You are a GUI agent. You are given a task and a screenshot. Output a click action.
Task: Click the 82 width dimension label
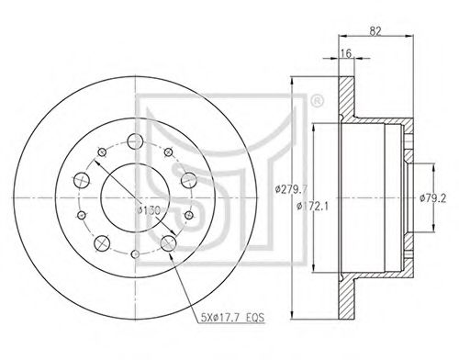(375, 31)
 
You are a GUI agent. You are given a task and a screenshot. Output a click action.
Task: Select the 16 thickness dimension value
(346, 53)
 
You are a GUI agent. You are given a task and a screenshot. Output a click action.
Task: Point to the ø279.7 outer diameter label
(290, 190)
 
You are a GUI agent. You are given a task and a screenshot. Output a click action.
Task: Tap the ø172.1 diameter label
(312, 207)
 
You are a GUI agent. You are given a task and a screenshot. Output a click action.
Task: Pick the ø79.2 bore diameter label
(433, 198)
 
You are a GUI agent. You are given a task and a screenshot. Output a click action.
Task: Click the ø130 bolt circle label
(149, 210)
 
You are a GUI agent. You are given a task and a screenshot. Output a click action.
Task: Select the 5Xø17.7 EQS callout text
(232, 318)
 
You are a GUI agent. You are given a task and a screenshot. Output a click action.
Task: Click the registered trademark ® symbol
(317, 101)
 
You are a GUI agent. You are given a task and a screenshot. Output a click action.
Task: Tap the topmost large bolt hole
(135, 141)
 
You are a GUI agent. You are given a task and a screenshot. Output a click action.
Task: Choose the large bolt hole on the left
(82, 180)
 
